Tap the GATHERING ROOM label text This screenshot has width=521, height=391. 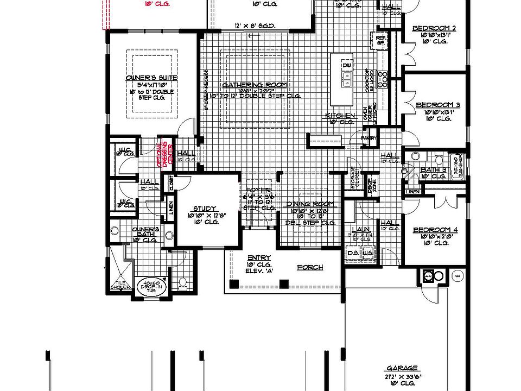tap(254, 85)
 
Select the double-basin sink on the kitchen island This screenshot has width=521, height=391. tap(346, 83)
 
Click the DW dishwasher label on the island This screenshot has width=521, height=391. tap(346, 66)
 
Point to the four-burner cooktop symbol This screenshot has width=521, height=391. tap(383, 79)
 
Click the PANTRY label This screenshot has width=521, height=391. tap(369, 138)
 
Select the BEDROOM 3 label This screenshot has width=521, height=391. tap(438, 105)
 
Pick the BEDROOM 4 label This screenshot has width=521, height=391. tap(435, 230)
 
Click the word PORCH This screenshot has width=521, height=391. tap(310, 267)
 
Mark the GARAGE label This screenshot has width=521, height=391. tap(402, 368)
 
